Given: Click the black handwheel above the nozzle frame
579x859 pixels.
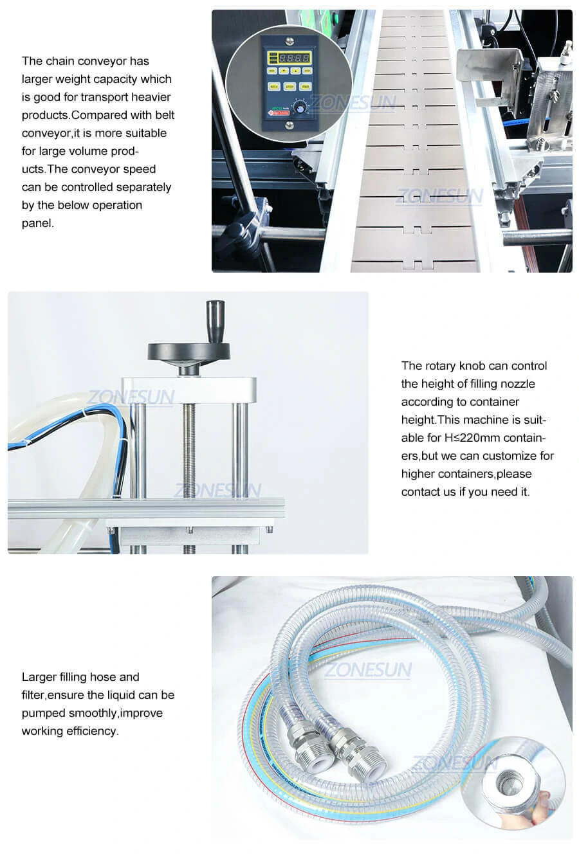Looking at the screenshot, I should (188, 352).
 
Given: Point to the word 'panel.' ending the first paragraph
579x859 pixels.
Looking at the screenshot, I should (38, 223).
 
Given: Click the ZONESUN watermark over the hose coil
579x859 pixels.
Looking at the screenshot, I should (368, 671).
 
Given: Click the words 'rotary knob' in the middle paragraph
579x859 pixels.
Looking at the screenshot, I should (455, 366).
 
